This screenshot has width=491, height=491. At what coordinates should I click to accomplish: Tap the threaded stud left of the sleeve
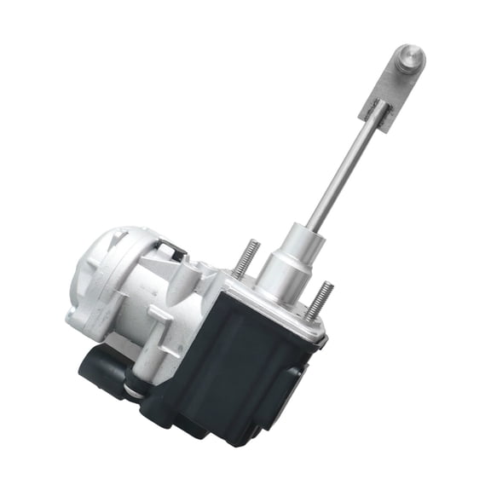245,257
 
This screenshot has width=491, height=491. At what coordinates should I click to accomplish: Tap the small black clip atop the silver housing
174,249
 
